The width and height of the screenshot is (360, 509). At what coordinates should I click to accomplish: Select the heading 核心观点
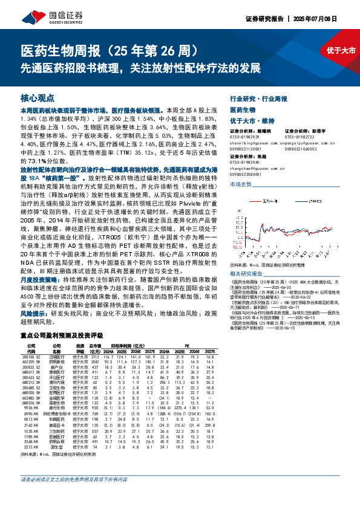38,97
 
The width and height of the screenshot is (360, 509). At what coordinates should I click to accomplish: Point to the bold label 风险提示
34,264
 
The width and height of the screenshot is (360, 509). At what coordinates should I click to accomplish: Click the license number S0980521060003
300,148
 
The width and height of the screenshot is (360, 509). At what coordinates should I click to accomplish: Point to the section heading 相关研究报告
248,257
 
